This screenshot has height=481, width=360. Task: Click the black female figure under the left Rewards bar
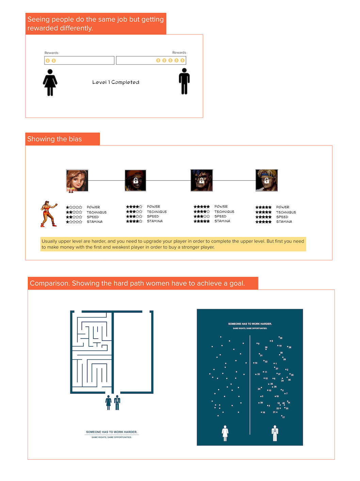(x=50, y=83)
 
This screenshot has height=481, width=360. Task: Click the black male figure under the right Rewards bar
(x=184, y=81)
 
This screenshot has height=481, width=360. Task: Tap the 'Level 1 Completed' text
(x=116, y=82)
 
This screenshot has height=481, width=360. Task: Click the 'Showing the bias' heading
(x=55, y=139)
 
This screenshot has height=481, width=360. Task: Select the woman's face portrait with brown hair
(x=77, y=180)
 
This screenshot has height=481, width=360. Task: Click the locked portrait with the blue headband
(x=266, y=180)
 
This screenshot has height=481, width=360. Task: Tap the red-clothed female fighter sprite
(x=48, y=214)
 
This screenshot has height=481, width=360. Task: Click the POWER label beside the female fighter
(x=93, y=207)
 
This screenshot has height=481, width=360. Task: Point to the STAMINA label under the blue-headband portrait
(x=284, y=222)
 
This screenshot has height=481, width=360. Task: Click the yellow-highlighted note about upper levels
(x=173, y=244)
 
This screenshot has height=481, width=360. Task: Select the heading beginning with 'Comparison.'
(x=137, y=283)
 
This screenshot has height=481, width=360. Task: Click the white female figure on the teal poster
(x=225, y=433)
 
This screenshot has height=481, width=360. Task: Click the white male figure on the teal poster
(x=275, y=433)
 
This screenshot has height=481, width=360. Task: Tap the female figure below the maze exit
(x=109, y=402)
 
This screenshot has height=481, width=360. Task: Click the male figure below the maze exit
(x=117, y=402)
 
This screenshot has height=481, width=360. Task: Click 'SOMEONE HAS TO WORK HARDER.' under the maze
(x=112, y=432)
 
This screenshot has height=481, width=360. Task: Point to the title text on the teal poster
(x=250, y=324)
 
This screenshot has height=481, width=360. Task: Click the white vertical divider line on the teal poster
(x=250, y=384)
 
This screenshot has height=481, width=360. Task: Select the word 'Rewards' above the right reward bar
(x=179, y=53)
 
